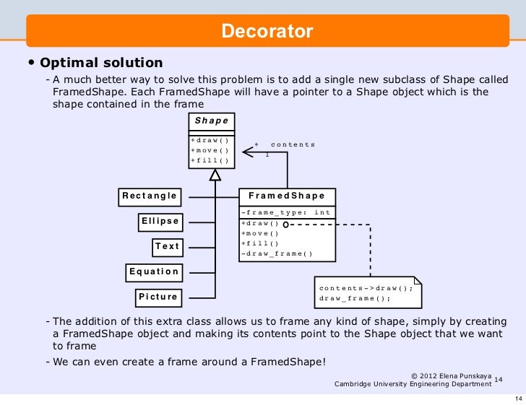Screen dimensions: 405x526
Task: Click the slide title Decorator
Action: [x=267, y=32]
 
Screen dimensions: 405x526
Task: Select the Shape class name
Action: [x=211, y=121]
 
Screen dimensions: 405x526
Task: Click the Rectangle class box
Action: [x=150, y=196]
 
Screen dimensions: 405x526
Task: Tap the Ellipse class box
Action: [x=160, y=221]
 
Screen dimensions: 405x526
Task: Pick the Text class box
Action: [x=167, y=246]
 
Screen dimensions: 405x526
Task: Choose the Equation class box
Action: [x=154, y=271]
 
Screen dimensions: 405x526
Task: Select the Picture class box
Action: [x=158, y=297]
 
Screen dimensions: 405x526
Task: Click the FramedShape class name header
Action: [x=287, y=196]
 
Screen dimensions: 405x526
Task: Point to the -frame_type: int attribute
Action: [x=285, y=212]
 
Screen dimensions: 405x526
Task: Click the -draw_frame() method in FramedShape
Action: [x=277, y=253]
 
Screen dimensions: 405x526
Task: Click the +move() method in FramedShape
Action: [x=260, y=233]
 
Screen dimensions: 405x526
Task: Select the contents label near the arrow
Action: [x=293, y=144]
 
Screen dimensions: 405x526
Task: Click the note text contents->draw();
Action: [x=366, y=287]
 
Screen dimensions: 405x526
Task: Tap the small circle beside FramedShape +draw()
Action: [x=286, y=224]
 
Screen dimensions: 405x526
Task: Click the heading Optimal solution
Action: [x=102, y=63]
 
